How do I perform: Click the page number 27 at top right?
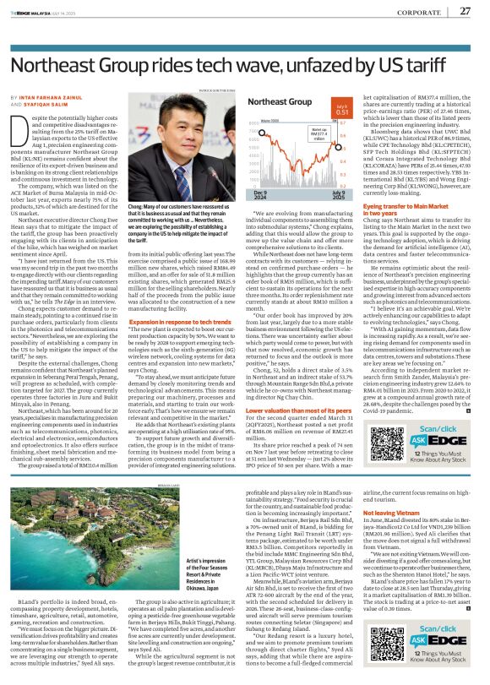click(464, 11)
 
